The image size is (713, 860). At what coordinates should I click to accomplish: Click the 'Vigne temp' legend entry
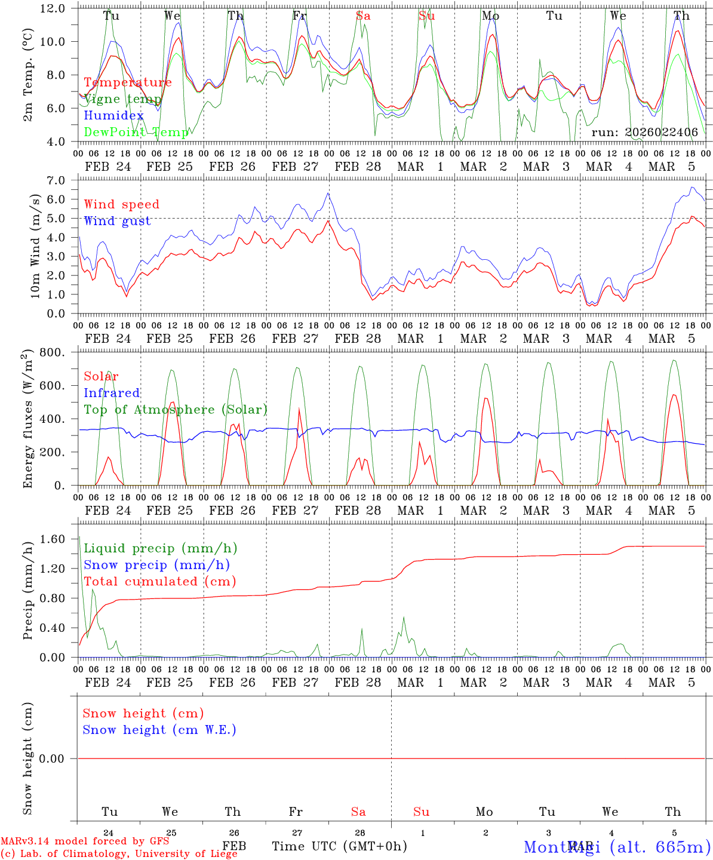(122, 99)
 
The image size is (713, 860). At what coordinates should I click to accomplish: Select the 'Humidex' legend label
(113, 116)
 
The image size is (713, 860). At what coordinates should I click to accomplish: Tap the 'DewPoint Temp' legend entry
(136, 132)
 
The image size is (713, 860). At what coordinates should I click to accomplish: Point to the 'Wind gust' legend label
(117, 221)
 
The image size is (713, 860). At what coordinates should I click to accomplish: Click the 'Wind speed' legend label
(121, 205)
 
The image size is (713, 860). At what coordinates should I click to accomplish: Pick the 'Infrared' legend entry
(112, 393)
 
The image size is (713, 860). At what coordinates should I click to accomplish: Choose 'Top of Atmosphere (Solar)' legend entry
(175, 410)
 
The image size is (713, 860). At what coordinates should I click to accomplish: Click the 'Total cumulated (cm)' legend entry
(159, 582)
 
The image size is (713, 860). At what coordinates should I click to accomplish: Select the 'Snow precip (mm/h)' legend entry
(156, 565)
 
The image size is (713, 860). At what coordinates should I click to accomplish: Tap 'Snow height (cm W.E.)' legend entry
(159, 730)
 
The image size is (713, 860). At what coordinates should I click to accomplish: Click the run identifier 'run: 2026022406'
(644, 133)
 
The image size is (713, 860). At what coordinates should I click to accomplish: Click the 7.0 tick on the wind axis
(59, 180)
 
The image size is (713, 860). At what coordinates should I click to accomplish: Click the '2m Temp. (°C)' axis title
(28, 75)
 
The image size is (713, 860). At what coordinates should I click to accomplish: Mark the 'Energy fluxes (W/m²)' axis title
(28, 420)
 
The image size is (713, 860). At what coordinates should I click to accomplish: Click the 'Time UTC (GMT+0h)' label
(339, 846)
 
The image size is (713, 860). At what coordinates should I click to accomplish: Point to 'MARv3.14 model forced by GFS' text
(85, 841)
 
